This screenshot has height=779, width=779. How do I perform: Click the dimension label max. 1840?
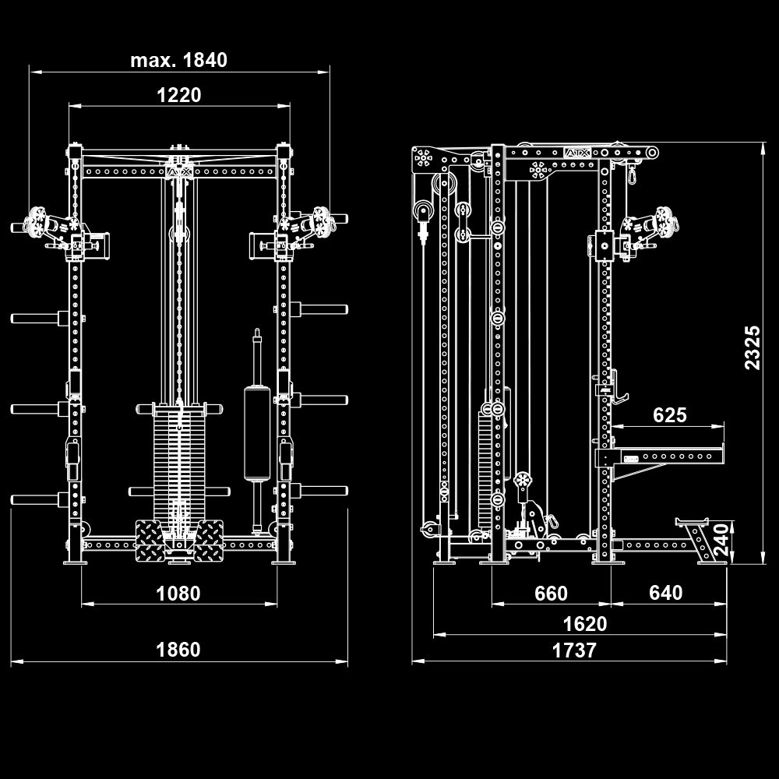pos(178,60)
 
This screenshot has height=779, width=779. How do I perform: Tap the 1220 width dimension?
pos(178,95)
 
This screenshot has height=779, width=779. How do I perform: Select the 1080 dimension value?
pos(178,594)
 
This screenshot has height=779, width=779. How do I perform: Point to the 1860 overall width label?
pos(178,650)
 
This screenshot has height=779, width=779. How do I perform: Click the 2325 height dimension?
pos(752,347)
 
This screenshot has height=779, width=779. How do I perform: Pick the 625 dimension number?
pos(670,415)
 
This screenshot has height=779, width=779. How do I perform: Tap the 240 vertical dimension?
pos(721,539)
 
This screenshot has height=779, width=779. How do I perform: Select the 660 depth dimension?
pos(551,594)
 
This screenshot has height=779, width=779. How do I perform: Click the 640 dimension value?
pos(665,594)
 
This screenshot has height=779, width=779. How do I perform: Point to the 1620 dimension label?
pos(585,624)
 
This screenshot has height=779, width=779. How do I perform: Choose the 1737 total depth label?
pos(574,650)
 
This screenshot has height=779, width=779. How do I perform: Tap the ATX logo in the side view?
pos(576,154)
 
